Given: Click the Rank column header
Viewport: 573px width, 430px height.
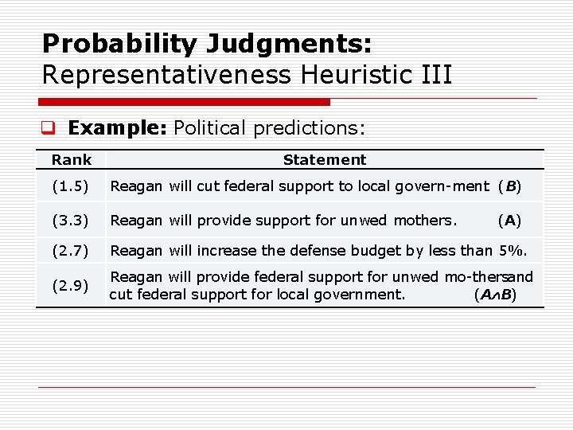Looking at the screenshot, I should point(72,160).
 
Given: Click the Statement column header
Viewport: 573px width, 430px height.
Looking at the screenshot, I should point(325,160).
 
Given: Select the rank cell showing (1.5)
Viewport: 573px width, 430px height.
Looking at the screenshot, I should point(72,187).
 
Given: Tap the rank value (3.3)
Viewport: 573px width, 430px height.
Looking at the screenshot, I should point(72,220).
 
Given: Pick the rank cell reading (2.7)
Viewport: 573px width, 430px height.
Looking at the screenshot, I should point(72,251).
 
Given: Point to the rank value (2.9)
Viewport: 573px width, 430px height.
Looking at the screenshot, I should point(72,286).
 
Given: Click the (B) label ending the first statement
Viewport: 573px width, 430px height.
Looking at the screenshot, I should point(509,187).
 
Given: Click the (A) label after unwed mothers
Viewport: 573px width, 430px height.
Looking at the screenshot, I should point(509,220).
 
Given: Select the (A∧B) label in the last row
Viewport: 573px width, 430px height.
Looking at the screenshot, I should point(495,295).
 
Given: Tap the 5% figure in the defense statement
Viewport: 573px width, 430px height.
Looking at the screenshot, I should point(513,251).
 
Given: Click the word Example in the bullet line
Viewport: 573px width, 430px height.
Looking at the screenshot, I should point(117,127).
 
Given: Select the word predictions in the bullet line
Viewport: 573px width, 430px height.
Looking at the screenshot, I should point(314,127).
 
